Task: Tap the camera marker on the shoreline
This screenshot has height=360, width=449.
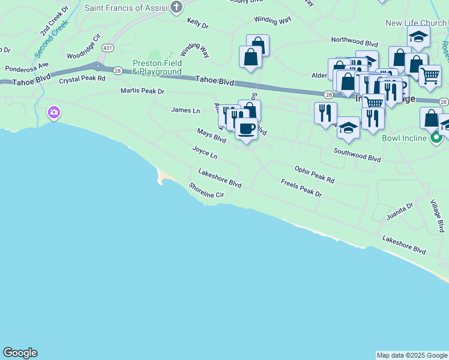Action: point(54,112)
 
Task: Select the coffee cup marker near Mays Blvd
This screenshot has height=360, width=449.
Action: point(246,128)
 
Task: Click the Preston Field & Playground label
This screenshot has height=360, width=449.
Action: point(157,67)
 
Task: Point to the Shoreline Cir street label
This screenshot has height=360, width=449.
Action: point(206,191)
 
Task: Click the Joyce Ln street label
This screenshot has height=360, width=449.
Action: point(205,152)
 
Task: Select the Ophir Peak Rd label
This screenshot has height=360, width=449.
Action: point(314,175)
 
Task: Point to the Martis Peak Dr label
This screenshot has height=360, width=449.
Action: point(142,91)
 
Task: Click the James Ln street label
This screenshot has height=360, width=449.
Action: point(185,110)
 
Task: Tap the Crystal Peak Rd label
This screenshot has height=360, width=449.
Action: point(82,79)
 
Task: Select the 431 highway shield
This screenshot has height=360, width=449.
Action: point(108,47)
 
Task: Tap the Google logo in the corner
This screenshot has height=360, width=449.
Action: point(20,353)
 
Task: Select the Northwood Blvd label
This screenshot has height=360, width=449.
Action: point(354,43)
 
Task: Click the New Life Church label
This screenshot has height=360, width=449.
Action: point(416,23)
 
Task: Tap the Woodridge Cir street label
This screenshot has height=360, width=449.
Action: point(81,53)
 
